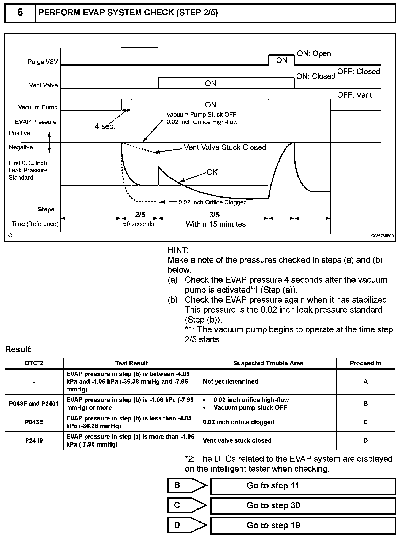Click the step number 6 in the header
(20, 13)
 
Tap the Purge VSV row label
(43, 62)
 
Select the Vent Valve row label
(43, 85)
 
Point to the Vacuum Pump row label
(37, 107)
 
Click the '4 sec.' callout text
(105, 126)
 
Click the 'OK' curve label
(212, 172)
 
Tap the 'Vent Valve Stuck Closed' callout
(225, 147)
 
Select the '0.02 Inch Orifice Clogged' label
(212, 202)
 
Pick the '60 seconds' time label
(139, 224)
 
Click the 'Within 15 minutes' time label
(216, 224)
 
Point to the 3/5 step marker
(214, 215)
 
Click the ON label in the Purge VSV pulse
(281, 60)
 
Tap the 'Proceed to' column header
(365, 363)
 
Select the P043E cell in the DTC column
(34, 422)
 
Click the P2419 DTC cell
(34, 440)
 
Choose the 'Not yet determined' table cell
(231, 382)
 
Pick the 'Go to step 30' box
(303, 505)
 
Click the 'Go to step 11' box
(303, 486)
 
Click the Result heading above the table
(18, 350)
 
